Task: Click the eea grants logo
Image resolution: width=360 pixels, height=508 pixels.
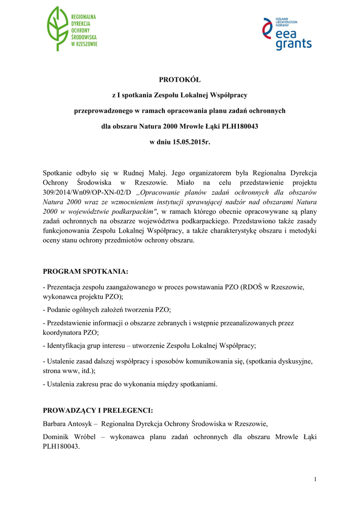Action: click(x=287, y=34)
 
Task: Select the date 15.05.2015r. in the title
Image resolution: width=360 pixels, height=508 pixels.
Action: click(x=191, y=142)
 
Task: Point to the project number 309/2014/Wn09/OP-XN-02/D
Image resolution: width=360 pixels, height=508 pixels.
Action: click(x=87, y=192)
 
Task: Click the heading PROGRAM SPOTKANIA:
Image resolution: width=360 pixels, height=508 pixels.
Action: click(x=85, y=271)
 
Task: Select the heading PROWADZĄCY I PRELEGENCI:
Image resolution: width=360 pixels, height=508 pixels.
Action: click(x=98, y=410)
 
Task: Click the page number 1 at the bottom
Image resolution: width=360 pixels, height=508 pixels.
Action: click(x=315, y=479)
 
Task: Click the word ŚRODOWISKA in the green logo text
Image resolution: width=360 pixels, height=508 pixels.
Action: click(x=84, y=37)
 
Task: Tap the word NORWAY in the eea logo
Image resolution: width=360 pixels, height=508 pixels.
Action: click(x=283, y=25)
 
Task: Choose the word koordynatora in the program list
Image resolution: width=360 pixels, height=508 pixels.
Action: click(x=63, y=332)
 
